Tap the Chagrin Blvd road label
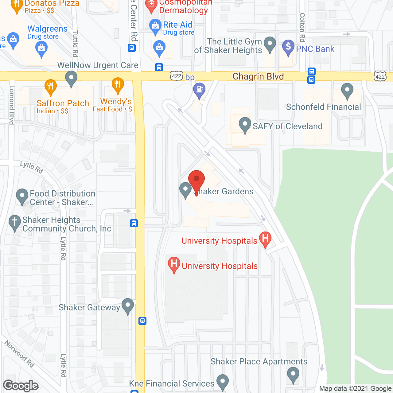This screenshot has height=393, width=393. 258,76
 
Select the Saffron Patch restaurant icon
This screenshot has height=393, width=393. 50,86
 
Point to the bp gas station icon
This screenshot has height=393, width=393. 199,90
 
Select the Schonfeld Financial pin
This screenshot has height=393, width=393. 347,90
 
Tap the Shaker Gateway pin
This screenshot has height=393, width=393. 128,305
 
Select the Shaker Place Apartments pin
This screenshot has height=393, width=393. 293,375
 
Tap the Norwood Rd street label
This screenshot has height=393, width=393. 20,354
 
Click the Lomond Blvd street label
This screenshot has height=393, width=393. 12,105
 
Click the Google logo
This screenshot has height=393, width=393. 21,386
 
